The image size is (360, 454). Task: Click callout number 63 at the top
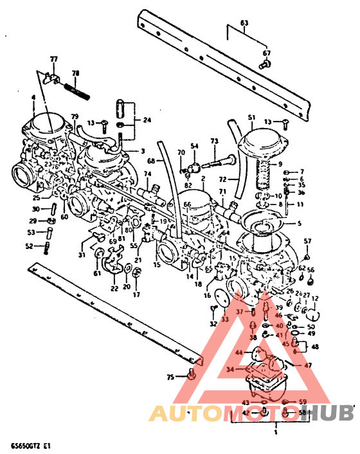tap(244, 24)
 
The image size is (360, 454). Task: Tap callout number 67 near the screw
tap(266, 53)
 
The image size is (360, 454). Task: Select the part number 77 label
tap(53, 60)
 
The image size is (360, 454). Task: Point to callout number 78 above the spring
tap(75, 73)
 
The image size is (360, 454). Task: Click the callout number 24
tap(147, 120)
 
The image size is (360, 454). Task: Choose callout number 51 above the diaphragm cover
tap(251, 118)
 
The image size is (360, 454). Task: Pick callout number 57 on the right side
tap(307, 241)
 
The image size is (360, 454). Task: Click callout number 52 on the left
tap(30, 246)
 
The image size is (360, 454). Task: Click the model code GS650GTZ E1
tap(31, 444)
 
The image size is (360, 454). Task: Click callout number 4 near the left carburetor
tap(33, 98)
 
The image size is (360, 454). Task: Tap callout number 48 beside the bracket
tap(315, 347)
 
